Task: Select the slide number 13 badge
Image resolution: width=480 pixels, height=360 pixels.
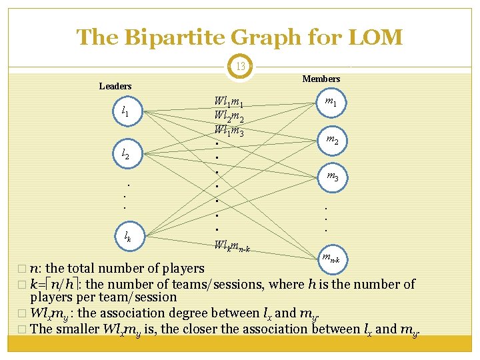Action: tap(240, 66)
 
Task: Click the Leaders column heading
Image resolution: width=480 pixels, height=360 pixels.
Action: tap(115, 86)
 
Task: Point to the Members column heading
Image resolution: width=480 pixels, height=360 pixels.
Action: tap(321, 79)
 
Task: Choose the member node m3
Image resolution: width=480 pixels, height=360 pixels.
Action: tap(331, 177)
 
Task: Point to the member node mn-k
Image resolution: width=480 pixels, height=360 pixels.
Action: tap(331, 257)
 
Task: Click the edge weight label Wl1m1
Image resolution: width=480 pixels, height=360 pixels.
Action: tap(229, 103)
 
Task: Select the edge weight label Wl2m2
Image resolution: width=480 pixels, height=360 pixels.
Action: tap(229, 116)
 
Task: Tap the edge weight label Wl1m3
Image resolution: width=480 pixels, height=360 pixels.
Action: tap(229, 129)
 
